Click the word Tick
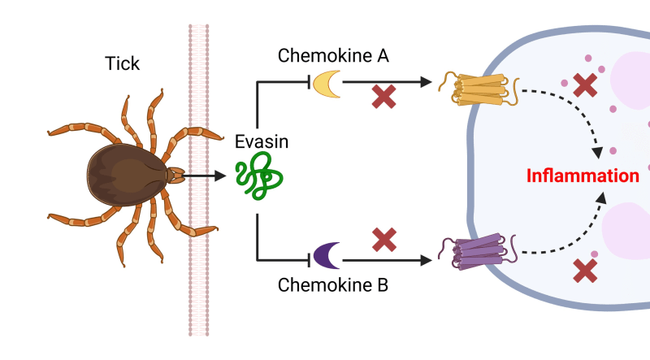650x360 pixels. pos(123,63)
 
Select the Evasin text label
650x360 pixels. pos(259,142)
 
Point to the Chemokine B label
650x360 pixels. pos(333,285)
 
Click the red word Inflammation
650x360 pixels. pos(583,176)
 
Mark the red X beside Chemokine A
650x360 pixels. pos(384,96)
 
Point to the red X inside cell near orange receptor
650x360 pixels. pos(583,84)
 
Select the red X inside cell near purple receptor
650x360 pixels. pos(583,270)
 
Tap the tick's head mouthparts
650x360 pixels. pos(175,174)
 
